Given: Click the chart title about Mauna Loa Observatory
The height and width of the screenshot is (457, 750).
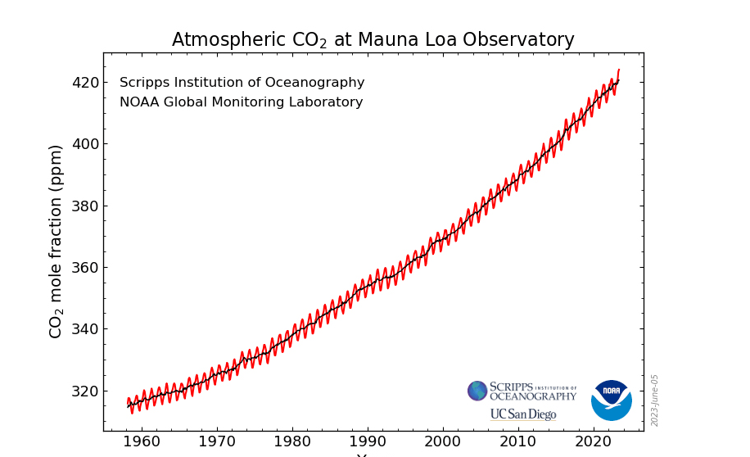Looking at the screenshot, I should pos(373,40).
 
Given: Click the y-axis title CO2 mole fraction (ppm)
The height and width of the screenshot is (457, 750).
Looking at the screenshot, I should pos(56,242).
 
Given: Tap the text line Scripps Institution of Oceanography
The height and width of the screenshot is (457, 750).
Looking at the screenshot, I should pos(242,83).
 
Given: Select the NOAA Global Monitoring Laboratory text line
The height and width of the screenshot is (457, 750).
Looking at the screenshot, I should pos(241,102).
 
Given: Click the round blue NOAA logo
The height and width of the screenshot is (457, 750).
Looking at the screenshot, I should pos(611,400).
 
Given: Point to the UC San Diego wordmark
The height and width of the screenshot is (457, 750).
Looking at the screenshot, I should pos(523,414).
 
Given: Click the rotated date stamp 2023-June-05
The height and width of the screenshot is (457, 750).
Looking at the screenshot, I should pos(655,400).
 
